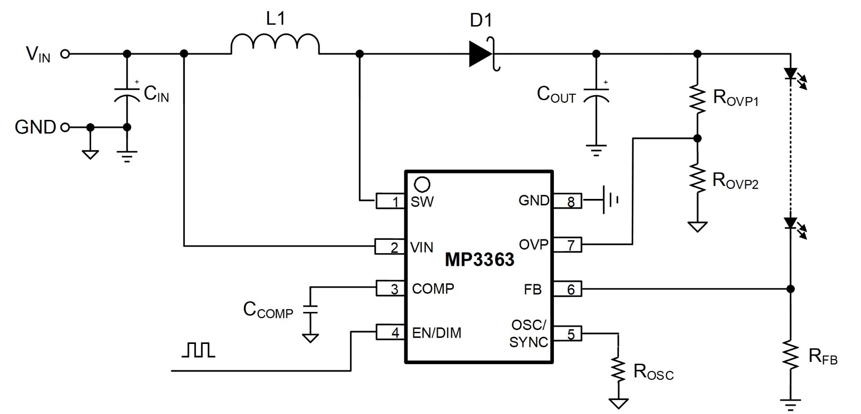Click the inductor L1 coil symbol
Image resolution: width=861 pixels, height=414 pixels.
(x=275, y=44)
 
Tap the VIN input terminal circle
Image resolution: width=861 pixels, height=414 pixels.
(x=65, y=54)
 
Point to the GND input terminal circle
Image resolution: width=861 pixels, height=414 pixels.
(x=65, y=128)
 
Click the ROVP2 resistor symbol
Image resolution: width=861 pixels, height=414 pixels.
(x=697, y=178)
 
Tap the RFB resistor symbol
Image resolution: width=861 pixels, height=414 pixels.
(x=791, y=355)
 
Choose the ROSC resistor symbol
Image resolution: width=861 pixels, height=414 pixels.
(x=618, y=370)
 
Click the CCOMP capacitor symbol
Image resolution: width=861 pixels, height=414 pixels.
(x=310, y=308)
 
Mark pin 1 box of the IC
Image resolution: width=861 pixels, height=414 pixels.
(x=389, y=201)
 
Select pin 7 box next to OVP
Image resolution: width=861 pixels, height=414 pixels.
(x=568, y=245)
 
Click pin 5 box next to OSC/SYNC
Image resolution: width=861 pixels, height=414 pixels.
(x=568, y=334)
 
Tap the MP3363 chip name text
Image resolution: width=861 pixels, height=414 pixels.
(x=479, y=260)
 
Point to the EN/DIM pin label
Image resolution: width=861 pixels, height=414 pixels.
(x=436, y=333)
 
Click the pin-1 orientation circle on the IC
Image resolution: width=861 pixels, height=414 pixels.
(x=422, y=184)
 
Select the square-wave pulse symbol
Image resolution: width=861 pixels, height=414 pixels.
(x=199, y=350)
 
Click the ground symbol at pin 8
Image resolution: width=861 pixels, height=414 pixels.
(x=610, y=200)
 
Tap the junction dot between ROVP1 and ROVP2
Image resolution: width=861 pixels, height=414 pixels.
(x=697, y=138)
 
